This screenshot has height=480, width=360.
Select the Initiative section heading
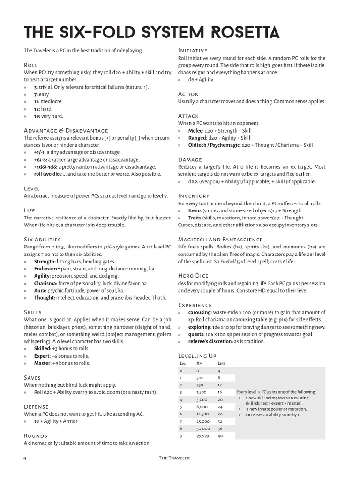193,50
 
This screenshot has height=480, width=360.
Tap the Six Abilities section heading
42,239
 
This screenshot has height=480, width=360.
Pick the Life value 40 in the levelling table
220,436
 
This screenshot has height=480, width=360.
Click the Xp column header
199,363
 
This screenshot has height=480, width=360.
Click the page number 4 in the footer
24,457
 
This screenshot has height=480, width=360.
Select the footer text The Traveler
174,457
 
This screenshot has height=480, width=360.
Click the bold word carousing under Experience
200,312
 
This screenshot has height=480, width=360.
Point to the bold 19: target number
37,116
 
